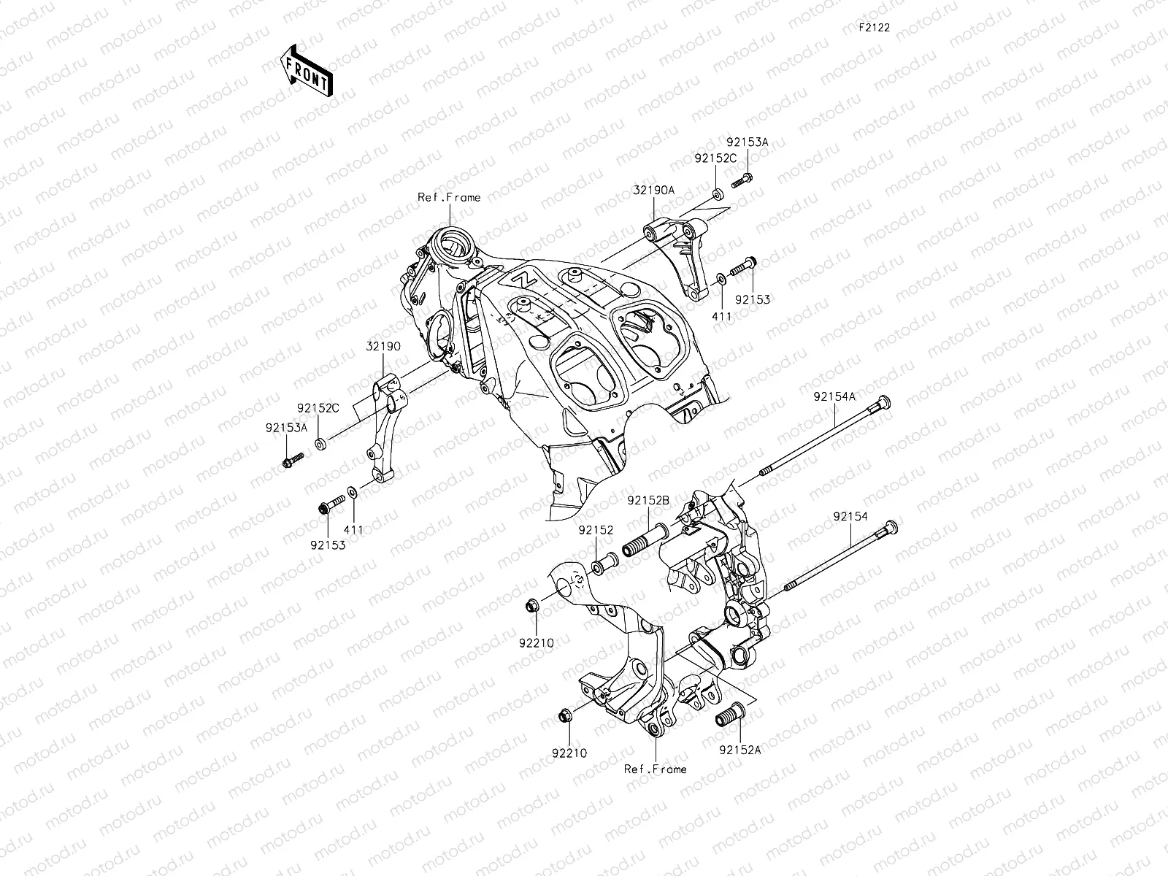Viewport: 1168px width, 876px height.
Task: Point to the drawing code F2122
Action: tap(873, 28)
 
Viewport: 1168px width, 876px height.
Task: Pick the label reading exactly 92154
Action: tap(850, 516)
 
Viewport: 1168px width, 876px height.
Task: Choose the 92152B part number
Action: tap(648, 501)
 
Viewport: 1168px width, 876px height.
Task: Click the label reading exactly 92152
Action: tap(596, 531)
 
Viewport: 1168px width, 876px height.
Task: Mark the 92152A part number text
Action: tap(739, 750)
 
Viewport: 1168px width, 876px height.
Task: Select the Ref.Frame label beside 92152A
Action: tap(656, 769)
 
